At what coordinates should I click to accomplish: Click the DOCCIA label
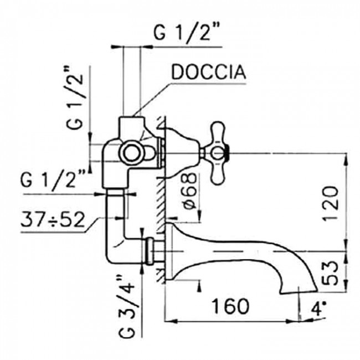[208, 73]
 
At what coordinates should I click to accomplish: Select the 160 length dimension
[230, 305]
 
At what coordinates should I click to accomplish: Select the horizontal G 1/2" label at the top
[187, 34]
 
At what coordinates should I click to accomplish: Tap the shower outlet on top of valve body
[131, 123]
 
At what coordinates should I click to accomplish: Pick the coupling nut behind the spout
[151, 250]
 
